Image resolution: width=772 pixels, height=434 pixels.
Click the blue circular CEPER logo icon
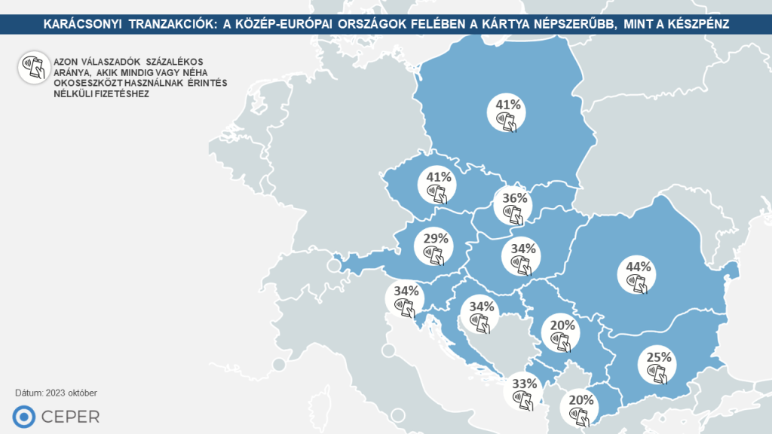(25, 416)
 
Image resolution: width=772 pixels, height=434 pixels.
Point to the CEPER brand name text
(72, 416)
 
